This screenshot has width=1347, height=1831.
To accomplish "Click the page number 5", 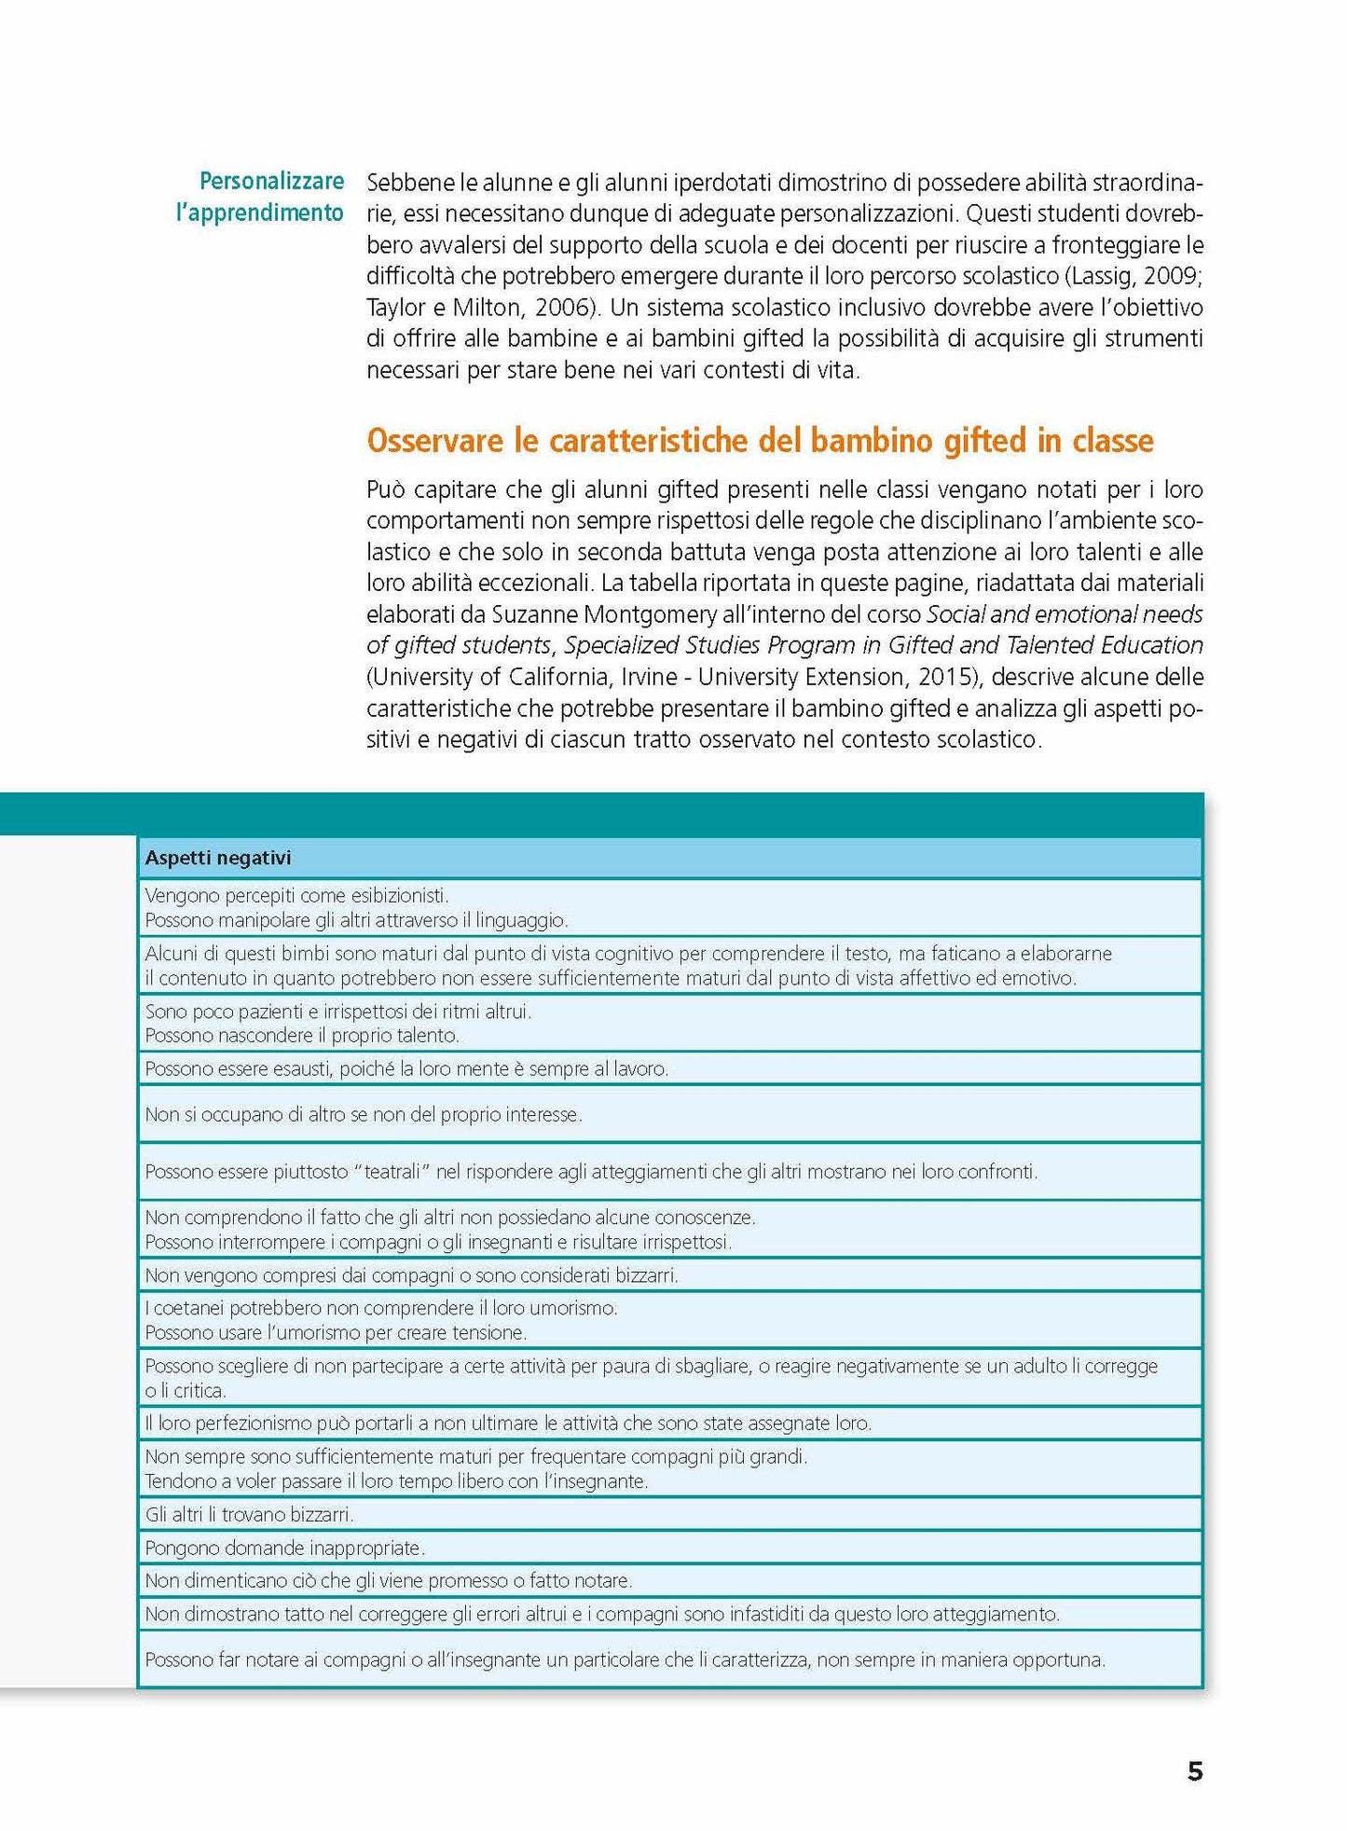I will click(1194, 1771).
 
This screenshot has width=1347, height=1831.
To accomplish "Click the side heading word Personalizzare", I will click(271, 181).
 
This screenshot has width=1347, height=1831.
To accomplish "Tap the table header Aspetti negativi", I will click(218, 858).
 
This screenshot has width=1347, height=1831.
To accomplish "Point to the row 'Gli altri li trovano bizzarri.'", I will click(250, 1515).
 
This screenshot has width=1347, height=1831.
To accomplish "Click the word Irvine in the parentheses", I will click(649, 677).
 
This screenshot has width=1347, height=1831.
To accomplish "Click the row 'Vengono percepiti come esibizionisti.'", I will click(296, 895).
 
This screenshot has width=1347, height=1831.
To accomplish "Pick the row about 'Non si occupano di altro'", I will click(364, 1114).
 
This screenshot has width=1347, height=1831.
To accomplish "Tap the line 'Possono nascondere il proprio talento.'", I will click(302, 1036).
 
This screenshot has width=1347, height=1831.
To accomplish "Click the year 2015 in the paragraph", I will click(950, 677).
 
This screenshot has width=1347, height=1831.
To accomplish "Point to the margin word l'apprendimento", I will click(260, 213).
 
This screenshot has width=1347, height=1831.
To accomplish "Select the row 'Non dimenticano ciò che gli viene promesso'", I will click(389, 1581).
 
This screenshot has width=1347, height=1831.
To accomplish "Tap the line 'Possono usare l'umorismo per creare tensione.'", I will click(336, 1333).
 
